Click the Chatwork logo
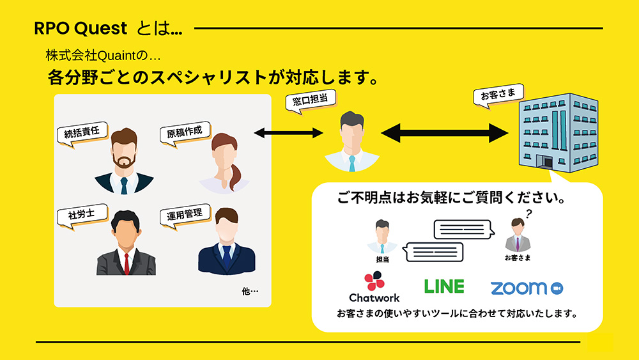coord(374,287)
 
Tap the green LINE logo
coord(444,286)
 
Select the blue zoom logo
coord(527,288)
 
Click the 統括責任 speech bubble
coord(82,133)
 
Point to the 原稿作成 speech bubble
coord(185,132)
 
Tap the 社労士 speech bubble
coord(82,215)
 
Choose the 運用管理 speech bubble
coord(185,215)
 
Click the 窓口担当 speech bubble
coord(311,100)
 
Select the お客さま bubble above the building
coord(498,95)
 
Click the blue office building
coord(558,132)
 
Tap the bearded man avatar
coord(124,160)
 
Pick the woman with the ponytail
coord(224,162)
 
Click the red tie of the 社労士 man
coord(127,263)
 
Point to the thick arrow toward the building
coord(445,133)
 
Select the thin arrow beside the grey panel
coord(289,132)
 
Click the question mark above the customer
coord(528,214)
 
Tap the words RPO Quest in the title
coord(81,28)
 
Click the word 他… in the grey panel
coord(250,291)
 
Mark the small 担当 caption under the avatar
coord(382,260)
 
